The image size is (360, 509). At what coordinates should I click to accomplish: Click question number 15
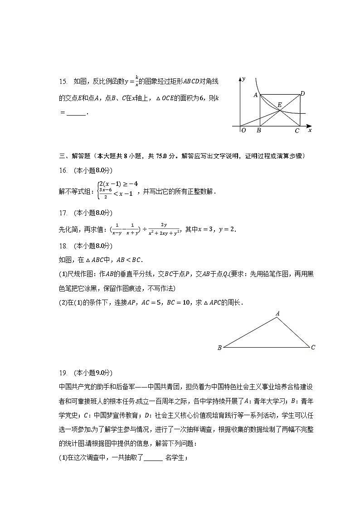point(63,82)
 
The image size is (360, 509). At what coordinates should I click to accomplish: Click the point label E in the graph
point(279,105)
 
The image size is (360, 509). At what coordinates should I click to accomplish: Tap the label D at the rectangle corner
point(302,93)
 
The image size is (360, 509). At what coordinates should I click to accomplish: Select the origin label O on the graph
point(244,131)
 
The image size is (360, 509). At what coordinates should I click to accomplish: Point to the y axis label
point(244,79)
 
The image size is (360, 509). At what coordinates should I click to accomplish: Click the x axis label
point(310,131)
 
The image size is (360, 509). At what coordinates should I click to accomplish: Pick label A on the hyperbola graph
point(256,96)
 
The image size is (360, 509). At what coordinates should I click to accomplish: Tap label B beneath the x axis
point(258,131)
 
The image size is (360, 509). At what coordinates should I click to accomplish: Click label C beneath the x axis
point(297,131)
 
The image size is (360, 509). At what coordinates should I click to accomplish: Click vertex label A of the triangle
point(277,313)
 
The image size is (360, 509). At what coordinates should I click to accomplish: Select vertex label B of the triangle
point(219,348)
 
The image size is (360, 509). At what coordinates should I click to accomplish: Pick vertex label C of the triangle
point(313,348)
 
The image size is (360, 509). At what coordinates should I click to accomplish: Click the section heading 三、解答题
point(74,156)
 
